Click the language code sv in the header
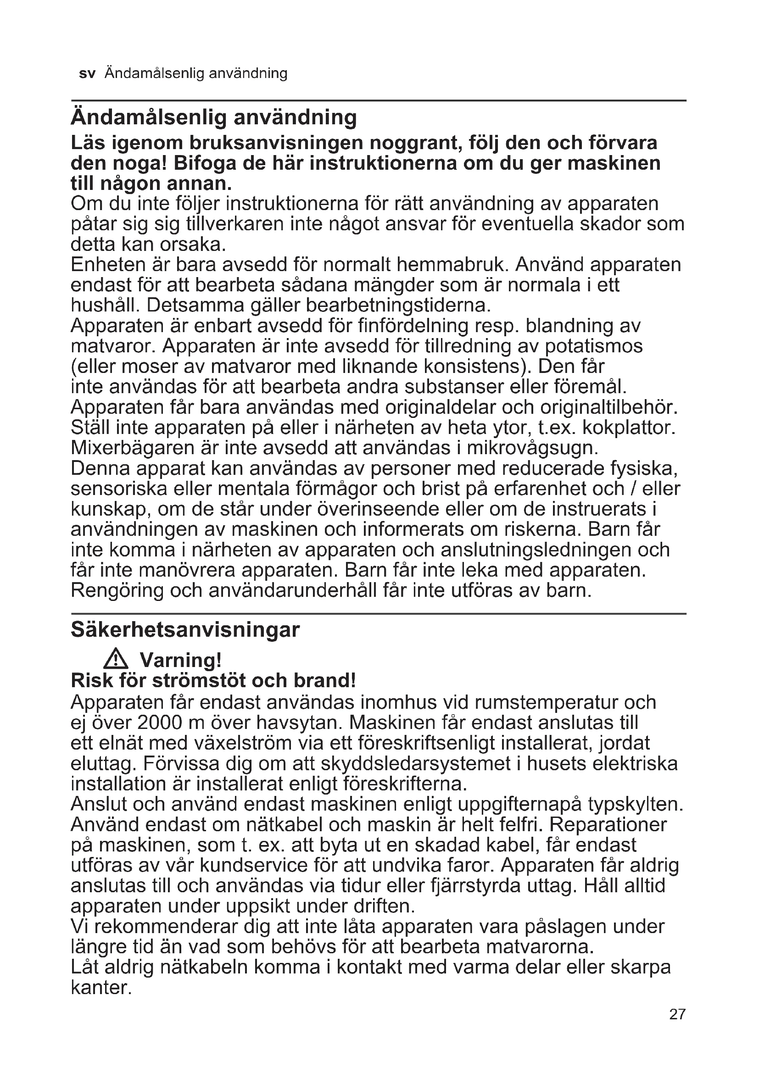coord(87,74)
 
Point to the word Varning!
coord(180,660)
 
